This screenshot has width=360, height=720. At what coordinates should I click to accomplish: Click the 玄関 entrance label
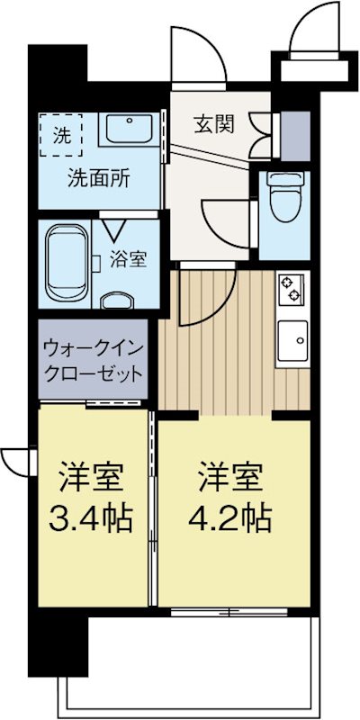(x=214, y=124)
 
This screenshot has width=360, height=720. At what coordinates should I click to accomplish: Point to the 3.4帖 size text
(x=91, y=517)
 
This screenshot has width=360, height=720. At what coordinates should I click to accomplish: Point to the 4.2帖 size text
(x=229, y=517)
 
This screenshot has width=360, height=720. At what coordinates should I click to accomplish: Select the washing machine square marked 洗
(x=60, y=136)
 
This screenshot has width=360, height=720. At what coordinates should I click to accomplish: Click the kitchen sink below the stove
(x=293, y=340)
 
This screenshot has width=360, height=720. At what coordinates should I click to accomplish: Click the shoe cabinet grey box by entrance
(x=293, y=131)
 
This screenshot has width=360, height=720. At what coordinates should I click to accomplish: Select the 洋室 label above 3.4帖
(x=91, y=474)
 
